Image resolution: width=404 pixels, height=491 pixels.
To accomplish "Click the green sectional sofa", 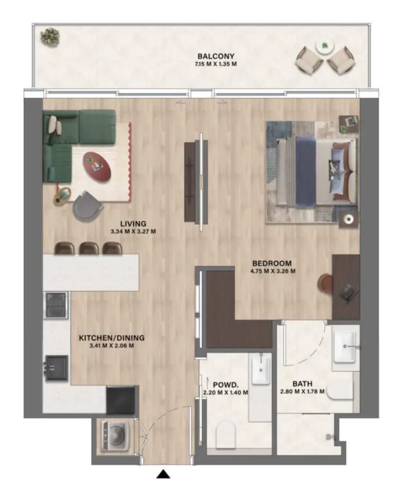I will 73,139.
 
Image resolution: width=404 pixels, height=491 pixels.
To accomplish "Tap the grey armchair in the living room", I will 88,204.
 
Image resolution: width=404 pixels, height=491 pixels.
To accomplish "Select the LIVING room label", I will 133,224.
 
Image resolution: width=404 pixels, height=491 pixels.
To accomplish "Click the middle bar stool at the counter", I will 89,248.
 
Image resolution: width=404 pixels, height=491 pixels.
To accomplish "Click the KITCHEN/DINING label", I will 112,338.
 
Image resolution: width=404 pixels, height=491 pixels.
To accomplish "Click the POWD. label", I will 225,384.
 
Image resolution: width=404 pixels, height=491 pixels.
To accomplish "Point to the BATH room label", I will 302,384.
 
